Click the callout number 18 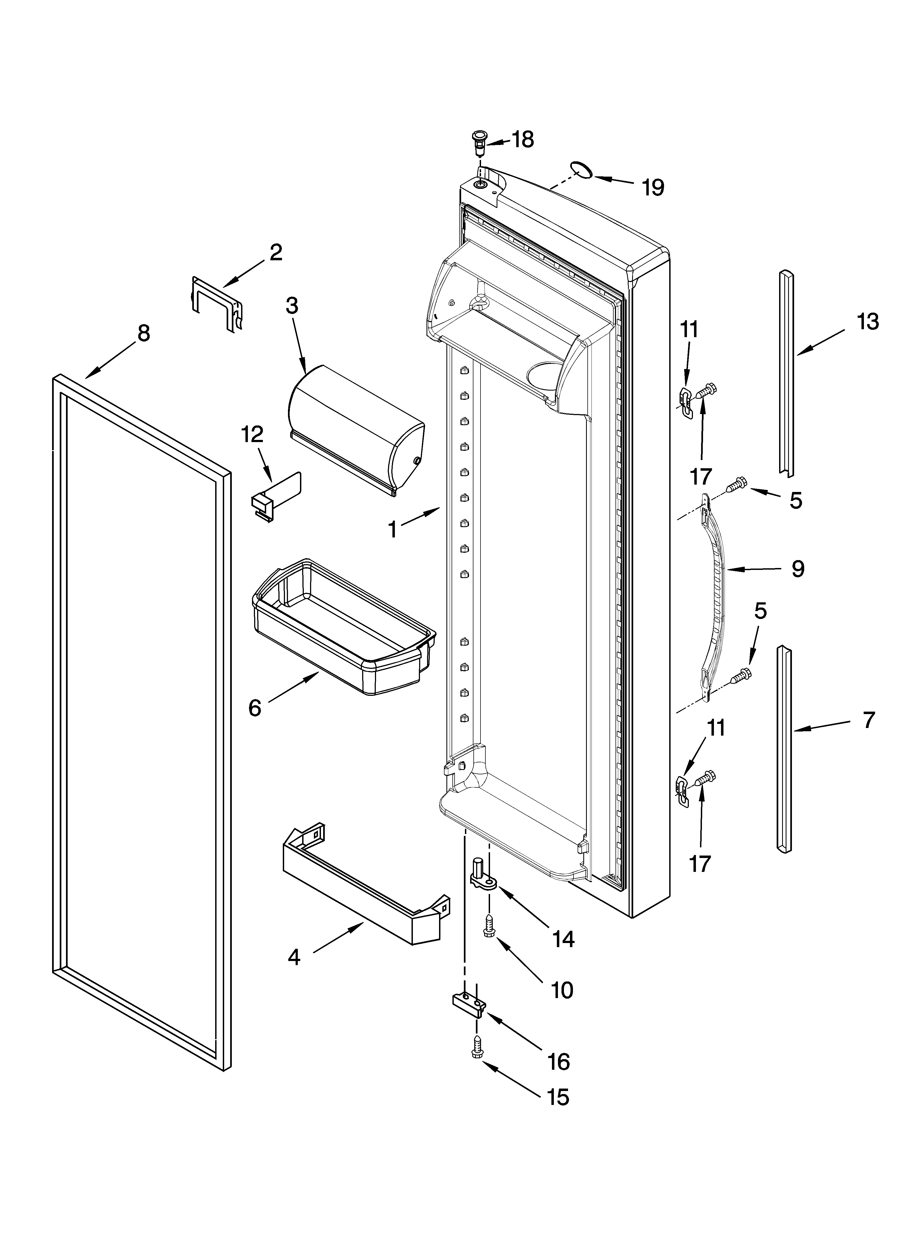[x=523, y=140]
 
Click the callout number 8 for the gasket [x=143, y=333]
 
